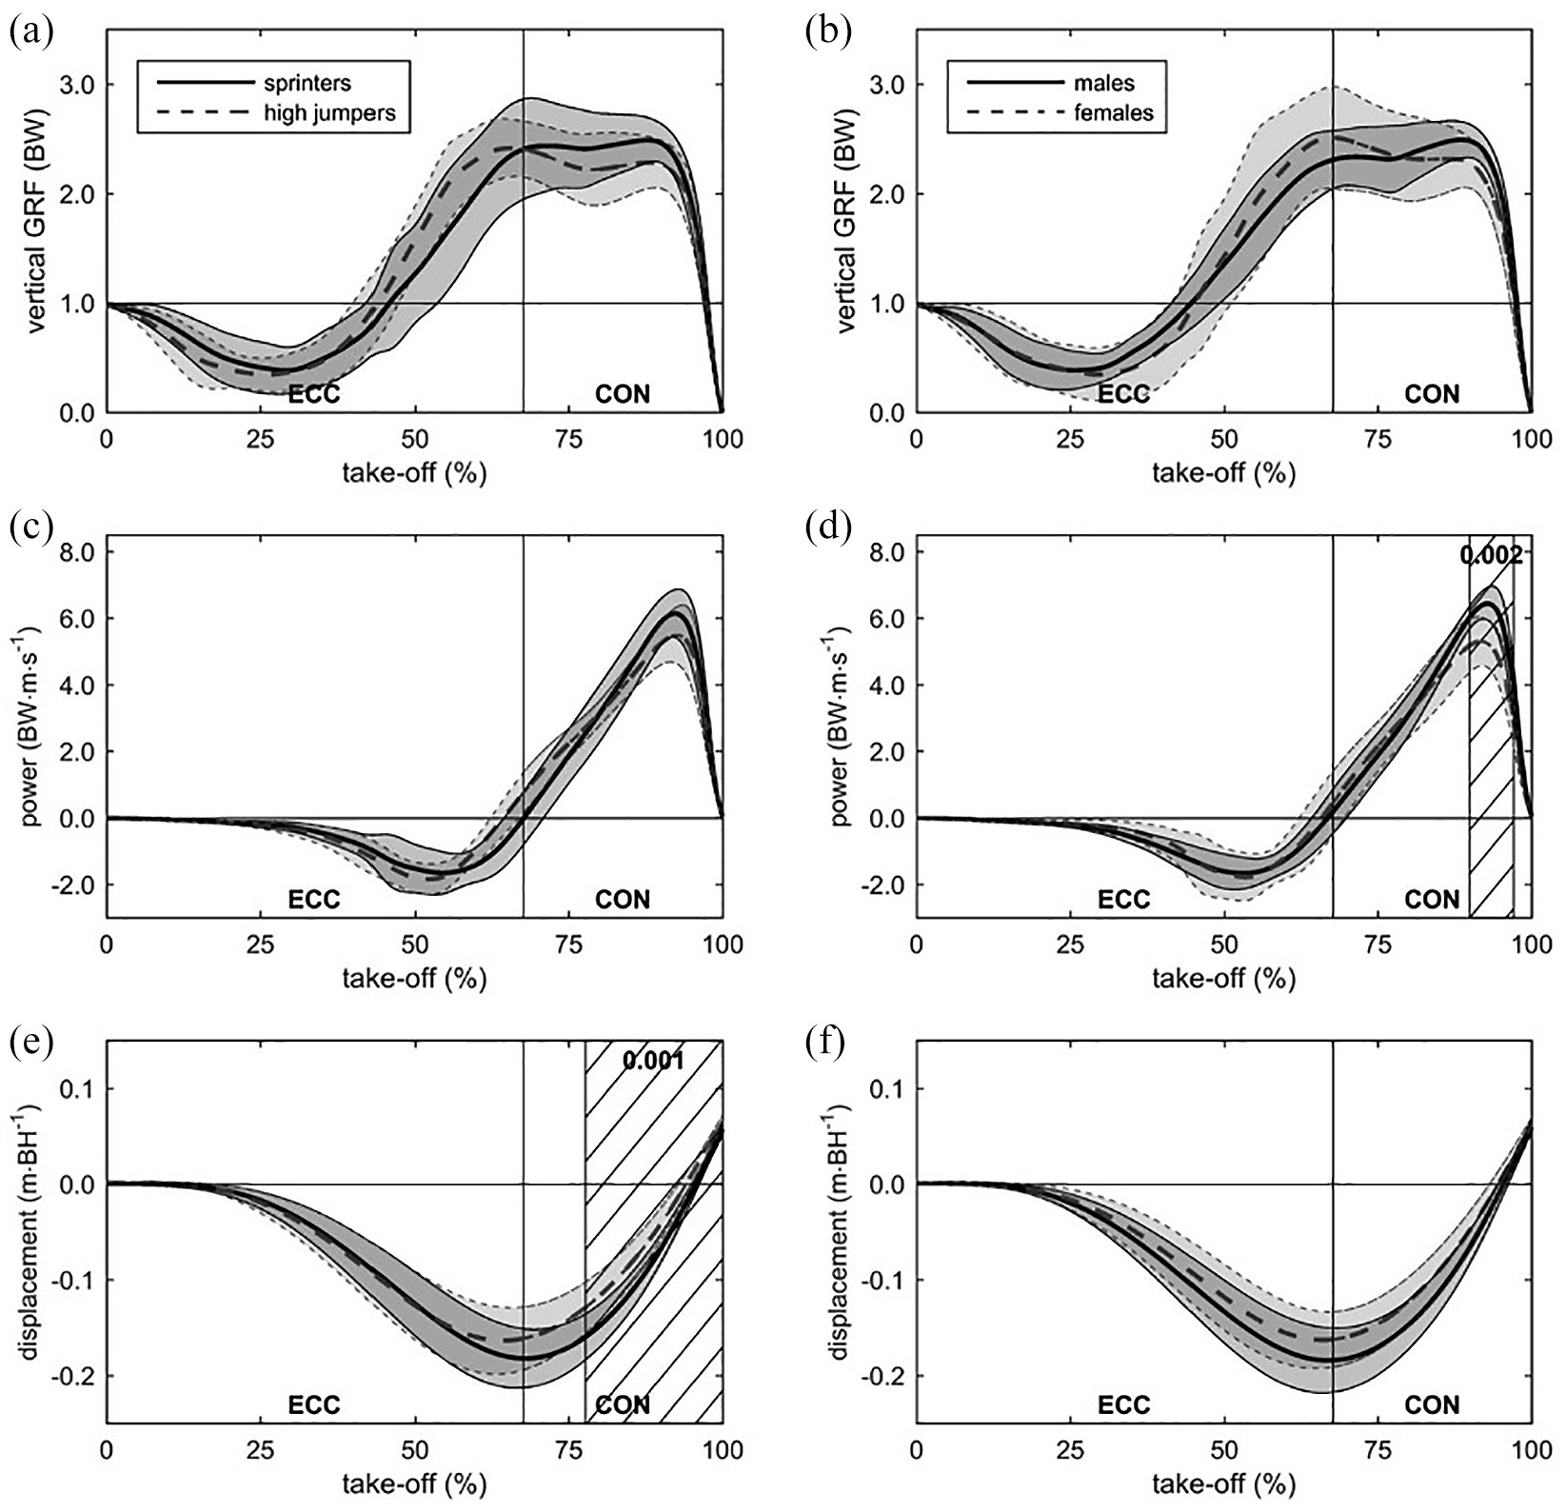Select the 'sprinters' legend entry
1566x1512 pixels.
point(307,84)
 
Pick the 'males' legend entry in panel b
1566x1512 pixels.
point(1104,84)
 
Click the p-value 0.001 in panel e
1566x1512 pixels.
point(653,1059)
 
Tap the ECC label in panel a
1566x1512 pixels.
point(313,394)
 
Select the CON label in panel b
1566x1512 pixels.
point(1432,394)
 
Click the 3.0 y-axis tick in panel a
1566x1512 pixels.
point(75,85)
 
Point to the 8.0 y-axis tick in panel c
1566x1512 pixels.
point(75,552)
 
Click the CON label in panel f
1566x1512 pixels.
point(1432,1404)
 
